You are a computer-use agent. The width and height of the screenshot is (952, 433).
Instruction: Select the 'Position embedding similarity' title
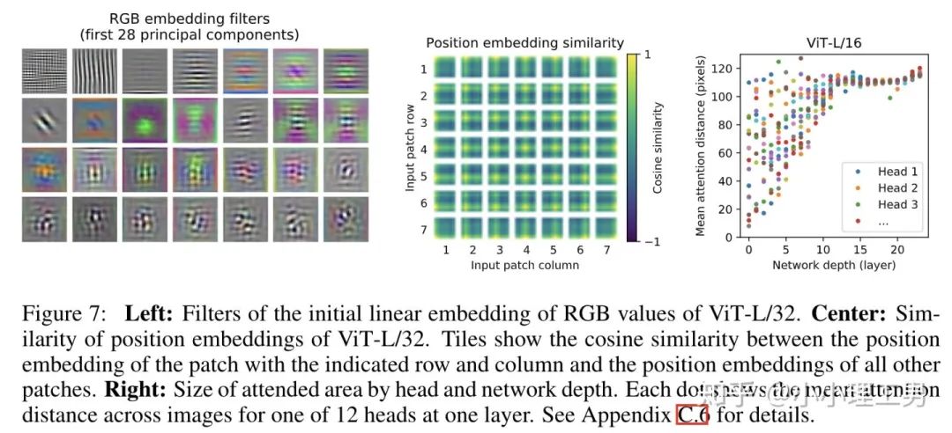524,42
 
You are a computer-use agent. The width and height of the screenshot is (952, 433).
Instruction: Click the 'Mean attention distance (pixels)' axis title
703,149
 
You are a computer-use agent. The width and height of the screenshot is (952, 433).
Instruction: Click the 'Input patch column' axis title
524,264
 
